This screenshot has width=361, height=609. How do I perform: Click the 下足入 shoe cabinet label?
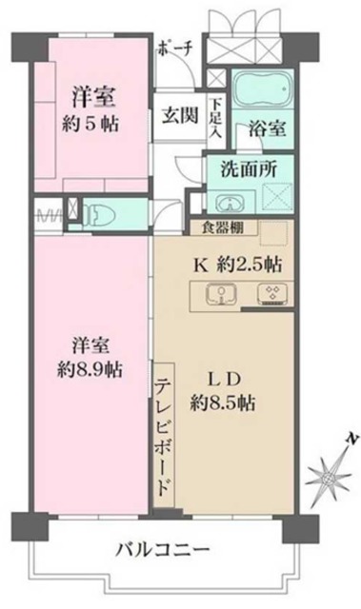218,117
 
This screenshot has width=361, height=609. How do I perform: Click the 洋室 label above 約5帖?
92,95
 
